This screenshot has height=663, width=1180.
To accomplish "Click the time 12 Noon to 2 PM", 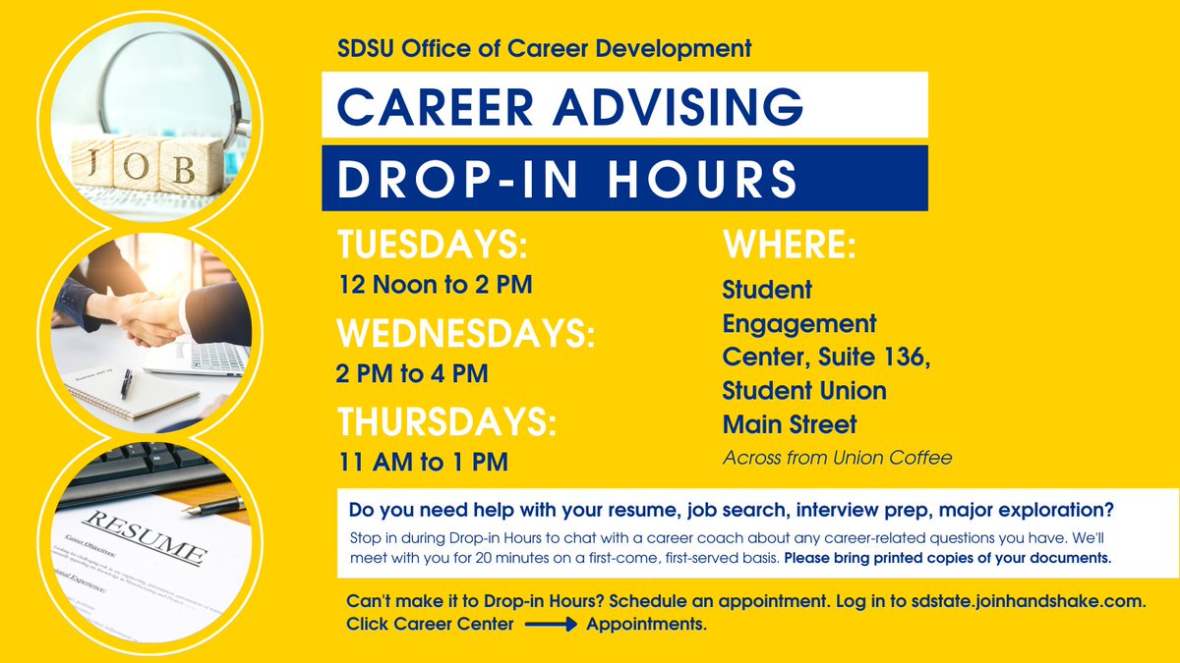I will point(434,286).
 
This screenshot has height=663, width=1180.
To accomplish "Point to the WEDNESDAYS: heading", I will point(466,334).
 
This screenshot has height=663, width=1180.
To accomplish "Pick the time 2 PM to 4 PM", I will point(412,373).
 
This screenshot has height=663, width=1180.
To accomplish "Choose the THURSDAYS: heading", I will point(447,421).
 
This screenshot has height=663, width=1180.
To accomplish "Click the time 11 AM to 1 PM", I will point(422,461).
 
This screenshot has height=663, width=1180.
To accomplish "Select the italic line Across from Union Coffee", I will point(838,457).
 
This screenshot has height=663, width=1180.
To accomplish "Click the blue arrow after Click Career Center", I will point(551,624).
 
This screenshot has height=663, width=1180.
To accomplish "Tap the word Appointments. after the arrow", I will point(646,624).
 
